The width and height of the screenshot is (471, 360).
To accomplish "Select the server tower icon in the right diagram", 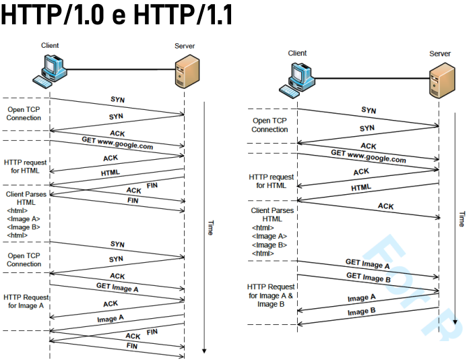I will [x=439, y=78].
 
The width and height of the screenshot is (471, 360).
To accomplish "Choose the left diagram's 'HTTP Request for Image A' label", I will [x=26, y=301].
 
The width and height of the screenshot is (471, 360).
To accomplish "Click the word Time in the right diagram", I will [x=462, y=218].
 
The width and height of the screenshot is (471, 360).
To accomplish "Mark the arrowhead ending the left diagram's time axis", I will [x=204, y=351].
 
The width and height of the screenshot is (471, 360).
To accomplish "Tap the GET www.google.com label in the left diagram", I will [x=117, y=143].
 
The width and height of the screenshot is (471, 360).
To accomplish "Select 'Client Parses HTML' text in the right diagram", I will [x=272, y=214].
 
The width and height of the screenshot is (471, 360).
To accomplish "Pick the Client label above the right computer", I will [x=297, y=53].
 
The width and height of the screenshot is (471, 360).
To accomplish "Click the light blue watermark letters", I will [x=418, y=283].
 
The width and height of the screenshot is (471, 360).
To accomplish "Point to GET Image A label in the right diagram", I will [x=367, y=264].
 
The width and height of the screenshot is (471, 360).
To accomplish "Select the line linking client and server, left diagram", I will [x=119, y=69].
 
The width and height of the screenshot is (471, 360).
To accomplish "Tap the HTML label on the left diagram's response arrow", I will [x=111, y=173].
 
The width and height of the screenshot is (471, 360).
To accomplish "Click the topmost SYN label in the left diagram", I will [x=117, y=100].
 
